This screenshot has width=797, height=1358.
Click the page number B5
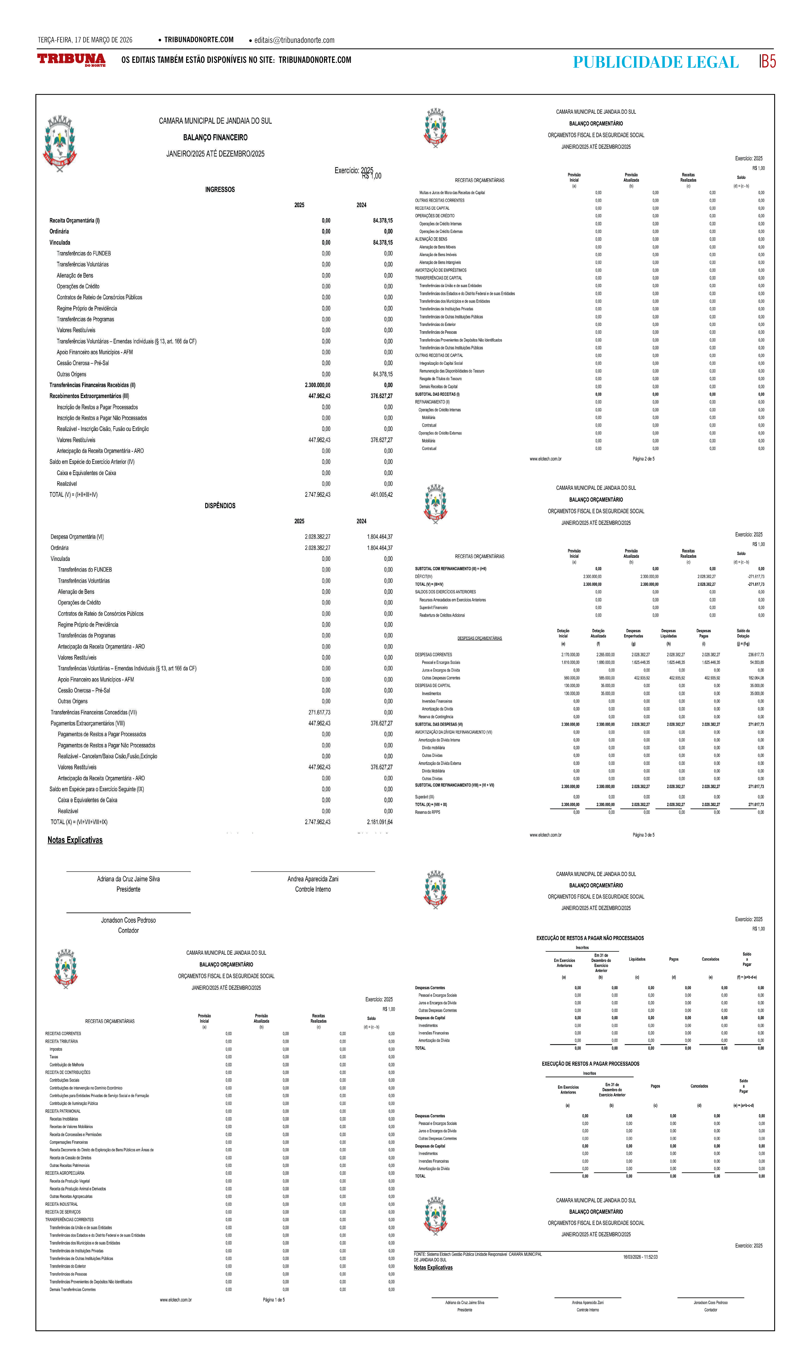[768, 61]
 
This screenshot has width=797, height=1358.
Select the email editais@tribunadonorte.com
[294, 40]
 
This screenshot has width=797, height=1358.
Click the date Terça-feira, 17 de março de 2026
[85, 40]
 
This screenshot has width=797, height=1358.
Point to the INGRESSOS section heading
[220, 190]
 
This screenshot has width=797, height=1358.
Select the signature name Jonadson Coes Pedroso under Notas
[128, 921]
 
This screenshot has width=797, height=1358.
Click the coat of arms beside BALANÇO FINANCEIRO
[59, 143]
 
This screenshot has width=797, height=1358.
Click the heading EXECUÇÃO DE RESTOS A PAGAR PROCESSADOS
[590, 1064]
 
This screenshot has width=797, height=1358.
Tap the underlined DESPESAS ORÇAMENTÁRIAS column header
[479, 639]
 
